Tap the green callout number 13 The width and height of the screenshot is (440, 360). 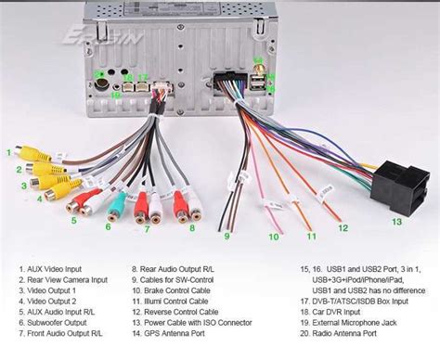[395, 221]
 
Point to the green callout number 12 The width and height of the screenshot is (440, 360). [343, 227]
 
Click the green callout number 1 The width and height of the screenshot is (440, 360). [10, 152]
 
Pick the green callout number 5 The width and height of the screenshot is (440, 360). [74, 221]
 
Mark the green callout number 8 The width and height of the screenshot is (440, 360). [192, 226]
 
